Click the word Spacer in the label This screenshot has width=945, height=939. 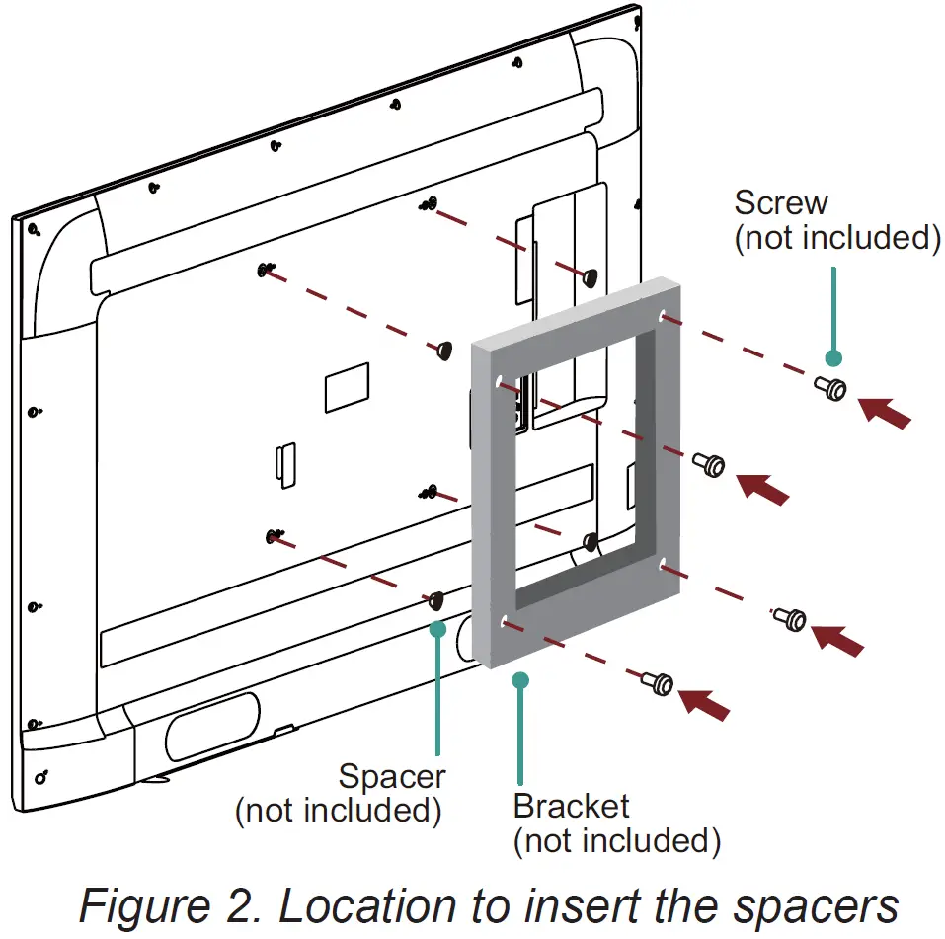[392, 776]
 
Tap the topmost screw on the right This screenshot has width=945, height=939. [830, 388]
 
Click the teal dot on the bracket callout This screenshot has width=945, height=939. [520, 679]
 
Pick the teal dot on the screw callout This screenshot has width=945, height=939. [833, 357]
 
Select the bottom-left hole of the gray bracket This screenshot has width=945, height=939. [507, 622]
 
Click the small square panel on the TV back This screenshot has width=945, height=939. [347, 387]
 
